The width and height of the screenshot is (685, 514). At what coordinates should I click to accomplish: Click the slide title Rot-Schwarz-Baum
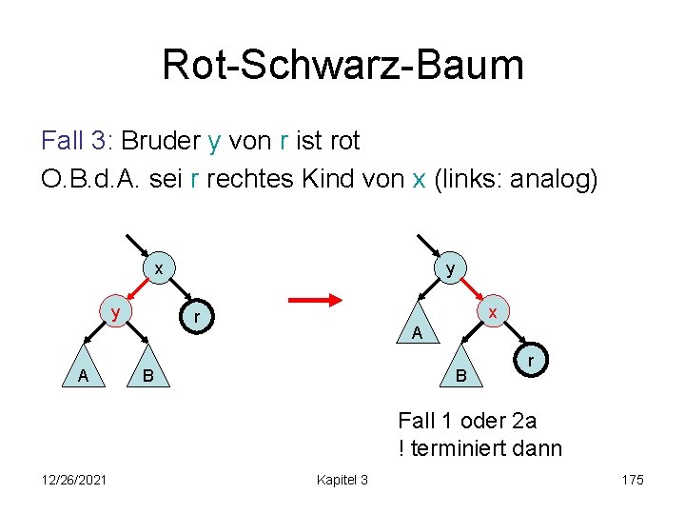(x=342, y=65)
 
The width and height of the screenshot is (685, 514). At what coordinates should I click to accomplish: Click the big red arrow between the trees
(x=315, y=300)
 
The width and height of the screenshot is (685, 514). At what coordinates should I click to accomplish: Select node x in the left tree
(x=160, y=269)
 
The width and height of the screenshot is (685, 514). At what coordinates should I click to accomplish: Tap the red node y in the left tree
(x=114, y=312)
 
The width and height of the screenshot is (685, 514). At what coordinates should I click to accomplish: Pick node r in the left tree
(x=195, y=316)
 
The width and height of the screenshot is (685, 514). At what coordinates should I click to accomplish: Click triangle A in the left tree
(x=84, y=374)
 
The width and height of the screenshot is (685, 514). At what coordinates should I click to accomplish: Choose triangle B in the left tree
(x=147, y=374)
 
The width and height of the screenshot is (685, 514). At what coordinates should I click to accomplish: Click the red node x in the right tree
(x=493, y=312)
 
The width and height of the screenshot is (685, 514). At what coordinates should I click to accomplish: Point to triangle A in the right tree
(x=417, y=330)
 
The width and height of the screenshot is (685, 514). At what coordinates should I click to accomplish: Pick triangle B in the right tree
(x=461, y=374)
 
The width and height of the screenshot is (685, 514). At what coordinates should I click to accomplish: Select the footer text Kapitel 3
(x=342, y=479)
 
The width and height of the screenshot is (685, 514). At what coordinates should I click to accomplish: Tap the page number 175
(x=633, y=479)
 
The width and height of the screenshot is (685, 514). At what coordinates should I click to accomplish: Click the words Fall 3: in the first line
(x=77, y=141)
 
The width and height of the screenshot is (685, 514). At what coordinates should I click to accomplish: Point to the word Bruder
(x=161, y=141)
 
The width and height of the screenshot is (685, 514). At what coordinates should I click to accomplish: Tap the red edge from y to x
(x=474, y=292)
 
